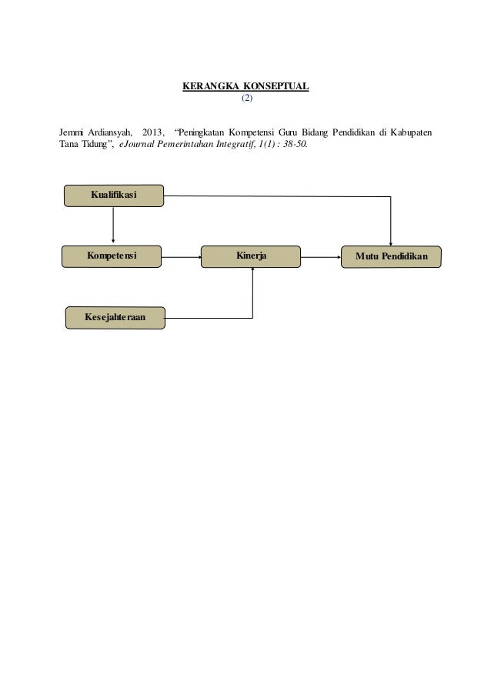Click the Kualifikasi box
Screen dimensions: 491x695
coord(114,195)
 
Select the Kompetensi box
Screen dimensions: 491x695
coord(112,256)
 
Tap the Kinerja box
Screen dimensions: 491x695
coord(251,256)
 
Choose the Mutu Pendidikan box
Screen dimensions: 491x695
coord(391,257)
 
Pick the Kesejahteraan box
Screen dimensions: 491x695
coord(115,318)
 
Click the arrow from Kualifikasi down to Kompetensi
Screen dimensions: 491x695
coord(113,225)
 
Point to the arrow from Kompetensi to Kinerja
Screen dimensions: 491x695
coord(182,257)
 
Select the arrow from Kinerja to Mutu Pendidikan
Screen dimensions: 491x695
coord(321,257)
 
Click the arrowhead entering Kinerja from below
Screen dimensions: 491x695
coord(252,269)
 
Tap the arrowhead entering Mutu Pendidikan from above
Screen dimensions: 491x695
coord(390,243)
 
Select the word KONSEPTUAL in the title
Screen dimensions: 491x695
coord(276,86)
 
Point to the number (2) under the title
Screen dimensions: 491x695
coord(247,98)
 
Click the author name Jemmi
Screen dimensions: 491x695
coord(72,132)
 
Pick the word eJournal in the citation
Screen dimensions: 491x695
coord(137,144)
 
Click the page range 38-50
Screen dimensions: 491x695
coord(295,144)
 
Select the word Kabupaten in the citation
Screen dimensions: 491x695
coord(411,132)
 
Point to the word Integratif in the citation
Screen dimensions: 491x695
coord(236,144)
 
